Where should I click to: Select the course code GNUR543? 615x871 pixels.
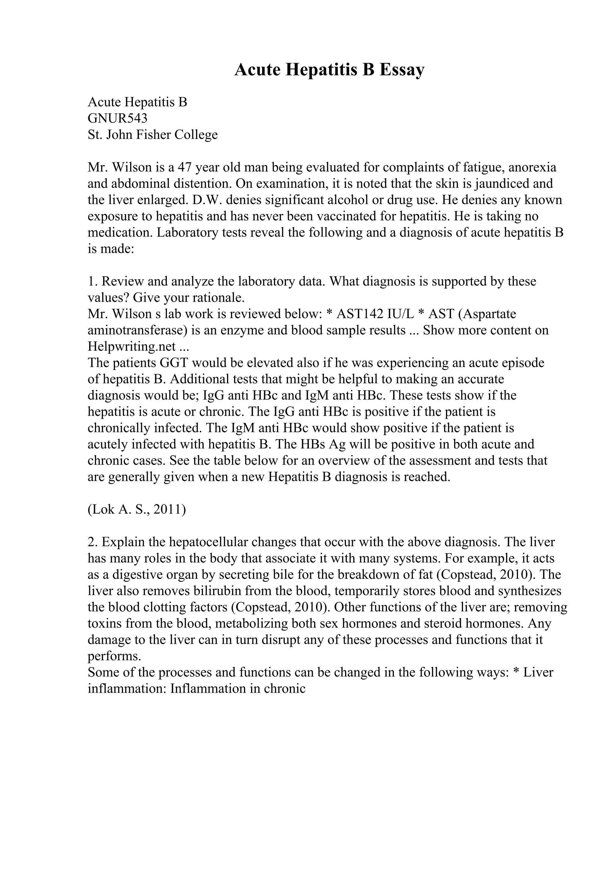pyautogui.click(x=117, y=118)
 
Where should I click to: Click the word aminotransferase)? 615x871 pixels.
pyautogui.click(x=138, y=330)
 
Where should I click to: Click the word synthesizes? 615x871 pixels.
pyautogui.click(x=530, y=591)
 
